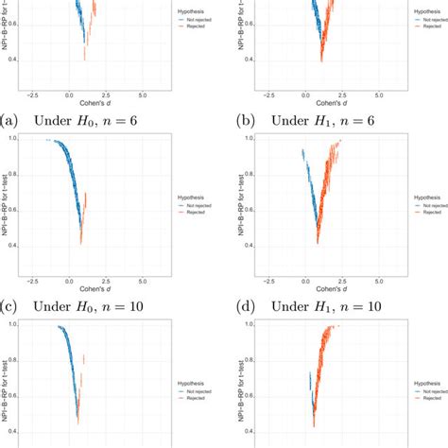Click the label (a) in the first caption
(9, 121)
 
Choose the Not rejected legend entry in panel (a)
(198, 19)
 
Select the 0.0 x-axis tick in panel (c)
(68, 281)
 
